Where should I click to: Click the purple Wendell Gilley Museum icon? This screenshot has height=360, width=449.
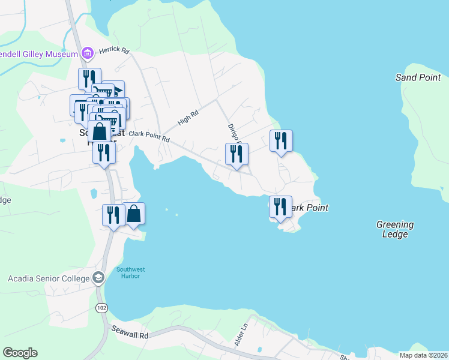pos(88,53)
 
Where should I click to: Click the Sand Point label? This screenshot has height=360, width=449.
pos(418,77)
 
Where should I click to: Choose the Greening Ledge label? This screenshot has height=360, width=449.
pos(395,229)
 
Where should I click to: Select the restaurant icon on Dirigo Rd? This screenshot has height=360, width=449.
pos(237,154)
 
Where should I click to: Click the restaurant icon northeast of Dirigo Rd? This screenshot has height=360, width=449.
pos(281,141)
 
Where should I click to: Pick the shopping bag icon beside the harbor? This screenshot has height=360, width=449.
pos(134,214)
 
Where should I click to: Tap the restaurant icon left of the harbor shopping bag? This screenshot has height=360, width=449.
pos(113,215)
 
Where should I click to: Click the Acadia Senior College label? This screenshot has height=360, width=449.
pos(47,278)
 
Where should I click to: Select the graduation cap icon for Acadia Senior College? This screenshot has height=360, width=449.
pos(98,278)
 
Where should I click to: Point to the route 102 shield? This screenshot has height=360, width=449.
pos(101,307)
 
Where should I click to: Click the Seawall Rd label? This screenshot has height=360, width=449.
pos(130,332)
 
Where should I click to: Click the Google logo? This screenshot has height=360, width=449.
pos(20,353)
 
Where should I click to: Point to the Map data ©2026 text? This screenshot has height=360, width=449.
pos(423,355)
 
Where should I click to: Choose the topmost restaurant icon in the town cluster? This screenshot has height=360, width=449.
pos(87,79)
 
